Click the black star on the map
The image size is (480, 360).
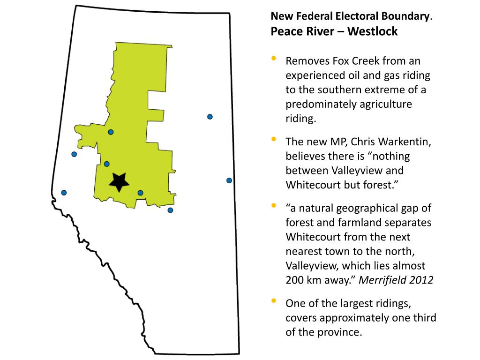pos(119,181)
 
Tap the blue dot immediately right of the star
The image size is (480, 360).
pos(140,193)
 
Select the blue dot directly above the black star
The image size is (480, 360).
pos(107,164)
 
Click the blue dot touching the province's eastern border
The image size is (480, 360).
pos(229,180)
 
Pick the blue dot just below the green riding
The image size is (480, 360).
pos(170,210)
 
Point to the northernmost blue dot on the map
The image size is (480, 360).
pos(210,117)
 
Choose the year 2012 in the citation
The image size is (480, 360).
pos(422,280)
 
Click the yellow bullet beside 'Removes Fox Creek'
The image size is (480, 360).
pos(274,59)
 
